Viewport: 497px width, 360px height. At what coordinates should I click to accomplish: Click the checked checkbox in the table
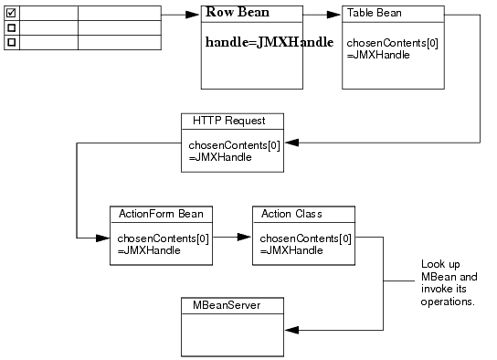click(11, 13)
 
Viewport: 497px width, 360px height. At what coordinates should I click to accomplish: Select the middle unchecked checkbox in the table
click(11, 27)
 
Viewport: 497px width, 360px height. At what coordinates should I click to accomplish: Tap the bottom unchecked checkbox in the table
click(11, 42)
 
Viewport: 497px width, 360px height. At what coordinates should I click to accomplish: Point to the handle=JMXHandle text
click(269, 42)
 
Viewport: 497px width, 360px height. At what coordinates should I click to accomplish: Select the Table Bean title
click(374, 13)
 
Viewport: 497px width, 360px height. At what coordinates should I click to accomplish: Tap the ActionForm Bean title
click(161, 214)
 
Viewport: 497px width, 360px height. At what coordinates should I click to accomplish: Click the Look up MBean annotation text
click(448, 282)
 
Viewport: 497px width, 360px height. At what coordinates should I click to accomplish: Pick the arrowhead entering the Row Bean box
click(194, 15)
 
